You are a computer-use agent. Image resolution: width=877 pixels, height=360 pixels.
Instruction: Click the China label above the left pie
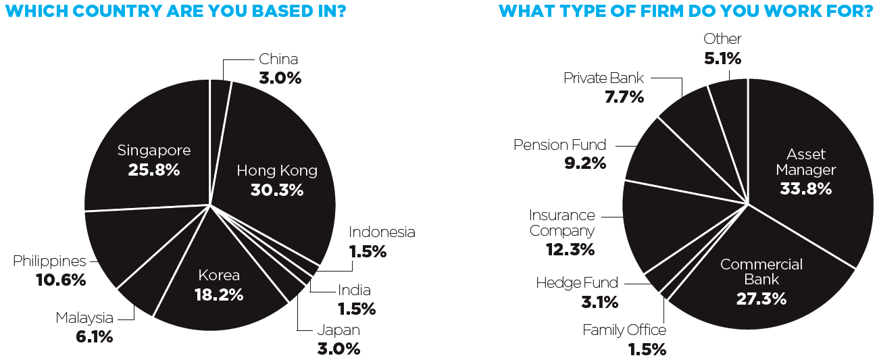[x=278, y=59]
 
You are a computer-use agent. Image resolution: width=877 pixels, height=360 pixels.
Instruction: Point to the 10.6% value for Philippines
[x=61, y=279]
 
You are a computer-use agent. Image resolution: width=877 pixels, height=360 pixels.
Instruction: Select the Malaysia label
[x=84, y=318]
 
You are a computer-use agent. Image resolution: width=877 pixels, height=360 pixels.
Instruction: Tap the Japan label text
[x=339, y=330]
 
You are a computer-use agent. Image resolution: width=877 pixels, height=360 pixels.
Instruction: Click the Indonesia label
[x=382, y=232]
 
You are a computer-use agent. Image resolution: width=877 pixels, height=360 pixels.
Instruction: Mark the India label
[x=354, y=290]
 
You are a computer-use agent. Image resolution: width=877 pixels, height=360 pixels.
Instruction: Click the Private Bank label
[x=603, y=78]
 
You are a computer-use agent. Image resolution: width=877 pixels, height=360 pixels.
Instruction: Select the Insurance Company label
[x=562, y=223]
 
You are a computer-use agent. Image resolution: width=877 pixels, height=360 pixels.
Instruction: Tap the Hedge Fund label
[x=577, y=283]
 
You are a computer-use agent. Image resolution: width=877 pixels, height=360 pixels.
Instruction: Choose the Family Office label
[x=624, y=330]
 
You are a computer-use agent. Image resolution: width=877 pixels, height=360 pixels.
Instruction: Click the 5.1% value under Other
[x=722, y=58]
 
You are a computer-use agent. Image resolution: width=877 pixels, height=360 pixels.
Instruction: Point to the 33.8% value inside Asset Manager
[x=805, y=188]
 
